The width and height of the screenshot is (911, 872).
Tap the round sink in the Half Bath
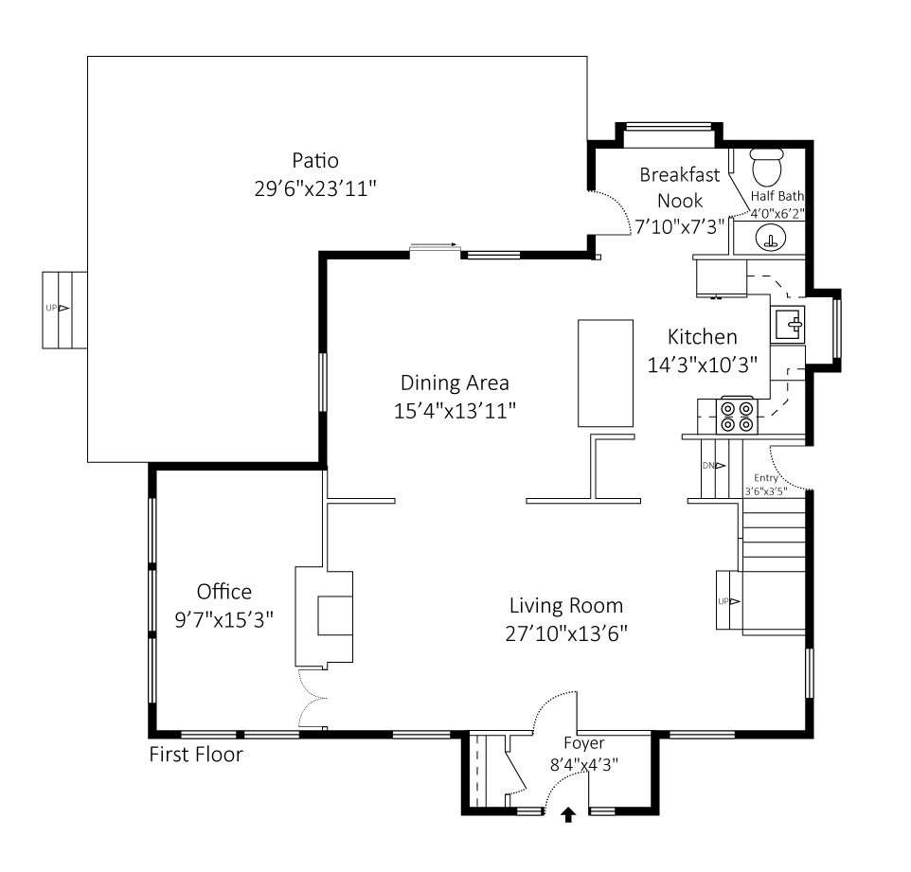pos(773,239)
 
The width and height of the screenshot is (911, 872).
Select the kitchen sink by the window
pos(788,326)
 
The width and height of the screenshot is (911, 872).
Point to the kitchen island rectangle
pos(605,373)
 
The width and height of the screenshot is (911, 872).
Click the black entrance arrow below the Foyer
pos(568,814)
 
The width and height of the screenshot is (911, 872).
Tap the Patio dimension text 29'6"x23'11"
pos(315,188)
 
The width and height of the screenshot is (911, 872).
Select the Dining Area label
pos(455,383)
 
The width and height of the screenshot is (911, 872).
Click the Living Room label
pos(566,606)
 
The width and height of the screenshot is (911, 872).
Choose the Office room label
pos(224,593)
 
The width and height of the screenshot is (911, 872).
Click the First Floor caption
pos(196,755)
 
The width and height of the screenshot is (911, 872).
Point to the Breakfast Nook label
pos(680,187)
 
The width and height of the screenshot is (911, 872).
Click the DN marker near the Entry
pos(713,466)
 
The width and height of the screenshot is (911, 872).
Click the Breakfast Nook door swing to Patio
pos(613,210)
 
